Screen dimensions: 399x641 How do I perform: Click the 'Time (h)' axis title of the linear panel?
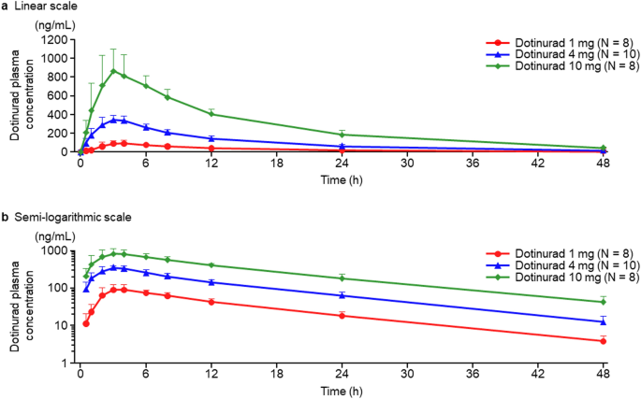tap(341, 178)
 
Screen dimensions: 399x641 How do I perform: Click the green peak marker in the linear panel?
tap(113, 71)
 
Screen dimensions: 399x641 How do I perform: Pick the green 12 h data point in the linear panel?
tap(211, 114)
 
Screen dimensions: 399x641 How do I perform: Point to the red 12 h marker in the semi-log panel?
tap(211, 302)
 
